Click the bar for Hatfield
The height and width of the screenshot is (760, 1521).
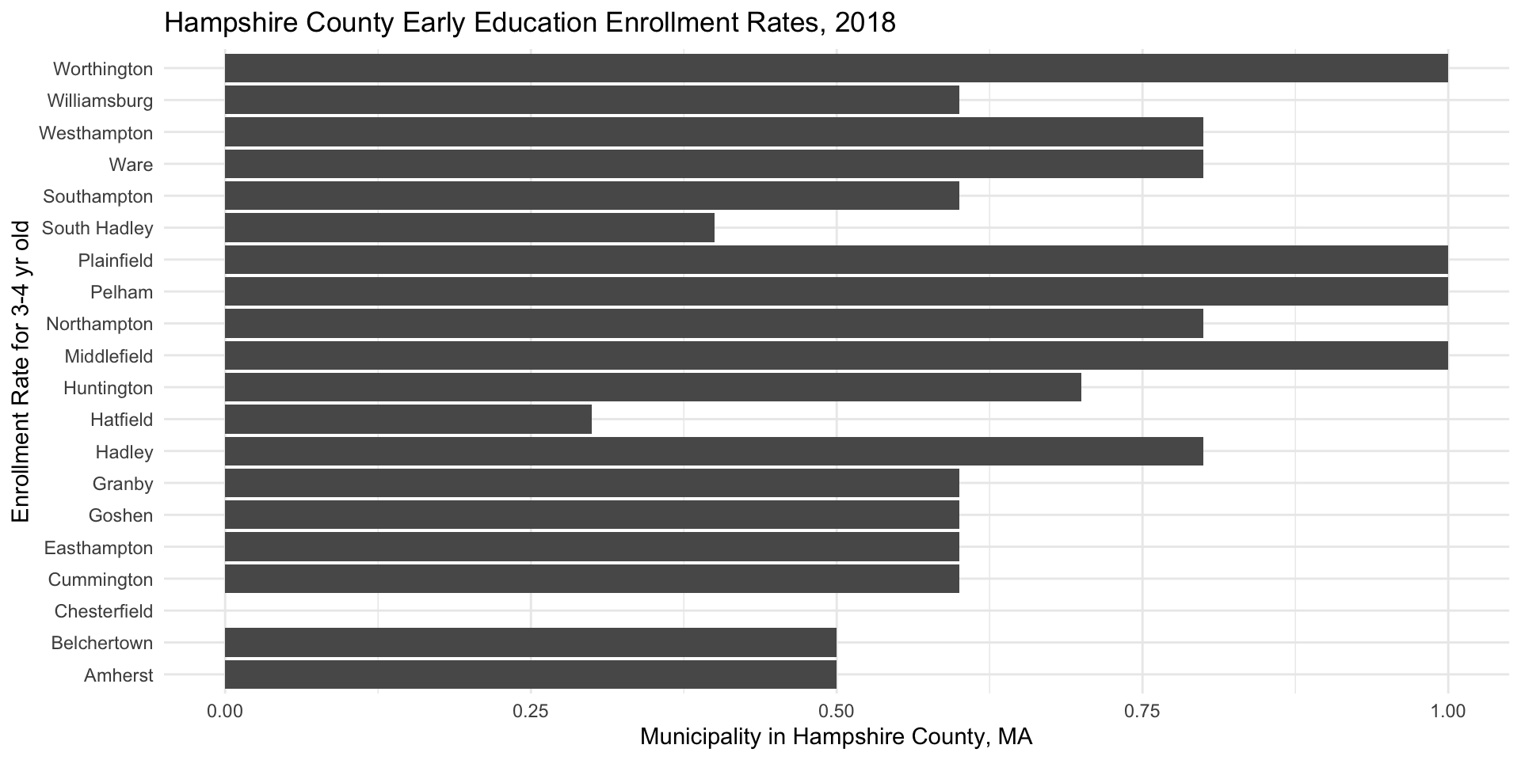(x=408, y=420)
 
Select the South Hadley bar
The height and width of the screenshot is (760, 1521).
(x=469, y=228)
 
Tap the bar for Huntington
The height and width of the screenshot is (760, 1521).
(x=653, y=388)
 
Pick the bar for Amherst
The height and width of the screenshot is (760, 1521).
(x=531, y=675)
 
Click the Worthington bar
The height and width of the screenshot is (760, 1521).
(x=836, y=68)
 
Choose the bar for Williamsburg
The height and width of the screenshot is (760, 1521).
(x=592, y=101)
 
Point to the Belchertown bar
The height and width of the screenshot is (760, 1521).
(x=531, y=643)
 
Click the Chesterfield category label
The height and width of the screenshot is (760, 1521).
(x=103, y=611)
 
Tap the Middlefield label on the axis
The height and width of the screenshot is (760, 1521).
(x=109, y=356)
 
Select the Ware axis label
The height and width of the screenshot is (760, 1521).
(x=132, y=165)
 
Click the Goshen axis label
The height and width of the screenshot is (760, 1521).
(x=120, y=515)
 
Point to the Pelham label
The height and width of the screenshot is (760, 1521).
(x=121, y=292)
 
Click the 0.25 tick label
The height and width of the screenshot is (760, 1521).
(x=531, y=712)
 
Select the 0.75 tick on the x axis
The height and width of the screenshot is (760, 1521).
(x=1142, y=712)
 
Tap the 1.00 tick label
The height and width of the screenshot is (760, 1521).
(x=1447, y=712)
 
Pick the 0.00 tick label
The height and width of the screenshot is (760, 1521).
(x=225, y=712)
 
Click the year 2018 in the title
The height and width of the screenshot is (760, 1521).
(x=864, y=23)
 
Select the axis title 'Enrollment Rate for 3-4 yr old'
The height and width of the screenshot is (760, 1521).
(x=21, y=371)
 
